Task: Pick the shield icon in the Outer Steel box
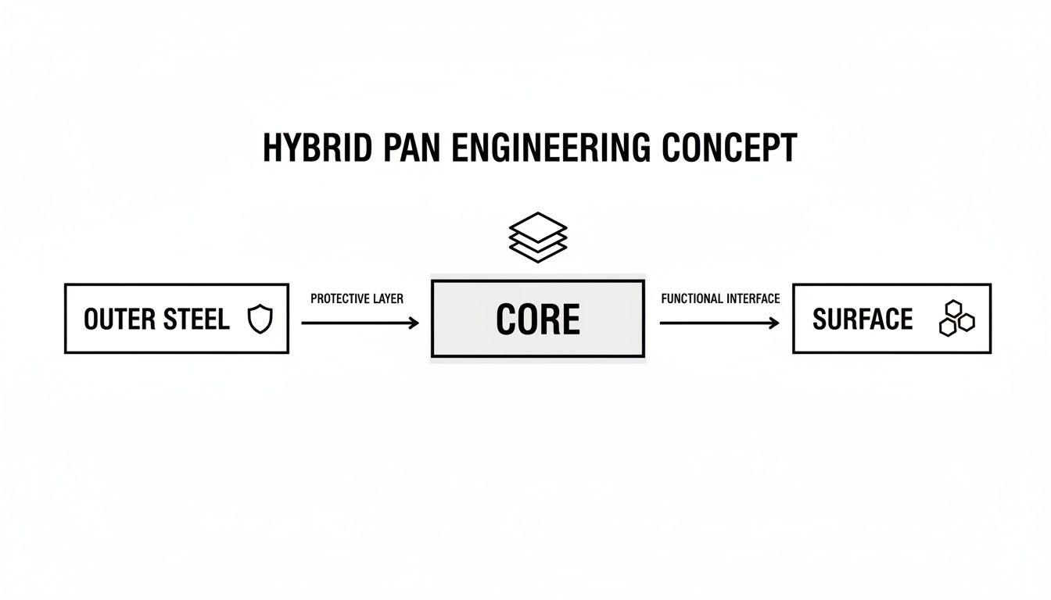260,319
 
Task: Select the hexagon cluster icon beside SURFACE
956,318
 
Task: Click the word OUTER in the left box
119,320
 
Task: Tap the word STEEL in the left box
196,320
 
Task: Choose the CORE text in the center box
538,320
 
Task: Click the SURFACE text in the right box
863,320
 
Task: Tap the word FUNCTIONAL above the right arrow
691,298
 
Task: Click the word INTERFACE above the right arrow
753,298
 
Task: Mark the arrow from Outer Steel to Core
360,323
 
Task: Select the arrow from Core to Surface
719,323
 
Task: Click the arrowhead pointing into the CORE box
414,323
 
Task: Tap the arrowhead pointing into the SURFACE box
775,323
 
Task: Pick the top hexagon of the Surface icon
953,309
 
